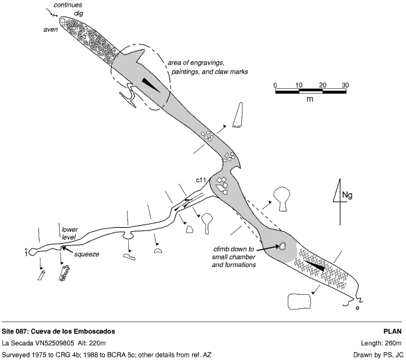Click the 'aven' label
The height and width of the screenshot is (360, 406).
click(51, 30)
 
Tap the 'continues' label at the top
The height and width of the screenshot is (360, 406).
click(68, 5)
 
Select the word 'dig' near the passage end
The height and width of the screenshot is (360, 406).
click(78, 13)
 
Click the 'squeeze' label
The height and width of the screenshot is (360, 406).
click(87, 254)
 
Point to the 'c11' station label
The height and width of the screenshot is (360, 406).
click(201, 180)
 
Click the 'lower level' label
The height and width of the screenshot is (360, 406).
click(69, 233)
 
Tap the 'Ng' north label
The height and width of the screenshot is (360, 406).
click(348, 195)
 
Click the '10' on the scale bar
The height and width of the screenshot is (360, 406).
click(299, 85)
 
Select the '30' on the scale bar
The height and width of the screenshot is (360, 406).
click(345, 85)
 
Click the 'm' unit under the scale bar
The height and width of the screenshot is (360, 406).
click(310, 99)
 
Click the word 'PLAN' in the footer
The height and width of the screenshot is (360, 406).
click(393, 331)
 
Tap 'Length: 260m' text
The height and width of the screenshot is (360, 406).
click(381, 343)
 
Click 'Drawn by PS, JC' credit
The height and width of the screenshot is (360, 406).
click(378, 355)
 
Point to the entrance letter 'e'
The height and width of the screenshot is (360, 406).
click(357, 308)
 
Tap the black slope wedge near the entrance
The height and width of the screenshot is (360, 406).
click(315, 266)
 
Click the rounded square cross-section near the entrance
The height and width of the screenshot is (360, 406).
click(299, 302)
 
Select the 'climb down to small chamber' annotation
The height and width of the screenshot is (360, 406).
click(234, 257)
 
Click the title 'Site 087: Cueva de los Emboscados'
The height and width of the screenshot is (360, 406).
click(58, 331)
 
